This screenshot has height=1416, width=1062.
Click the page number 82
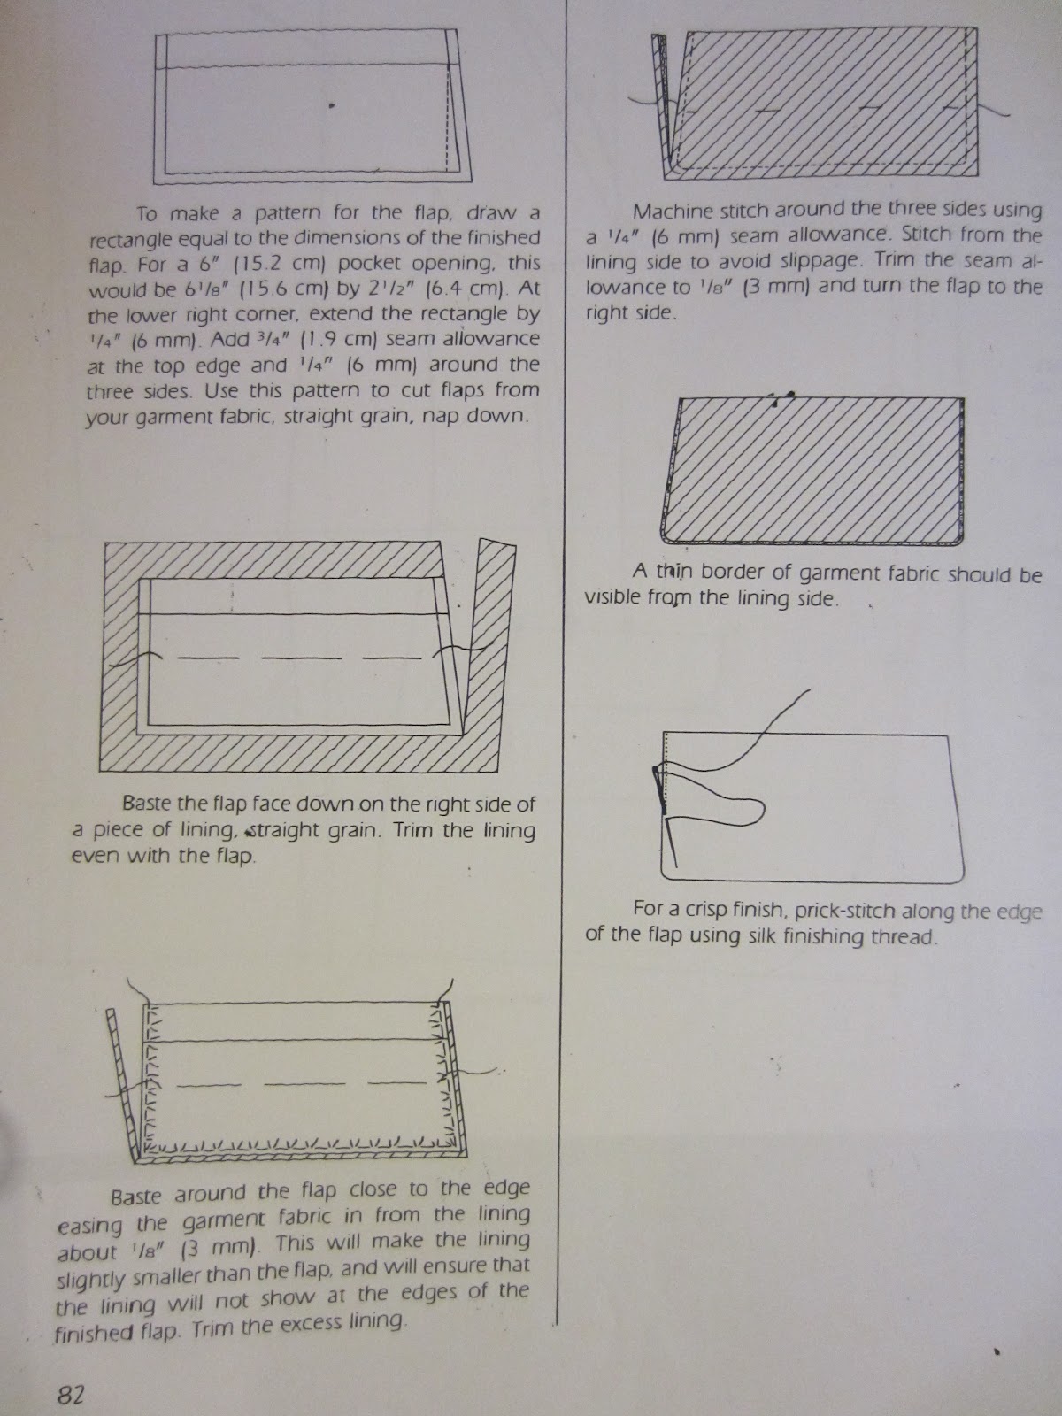(69, 1395)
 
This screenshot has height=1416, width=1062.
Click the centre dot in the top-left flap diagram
(331, 105)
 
